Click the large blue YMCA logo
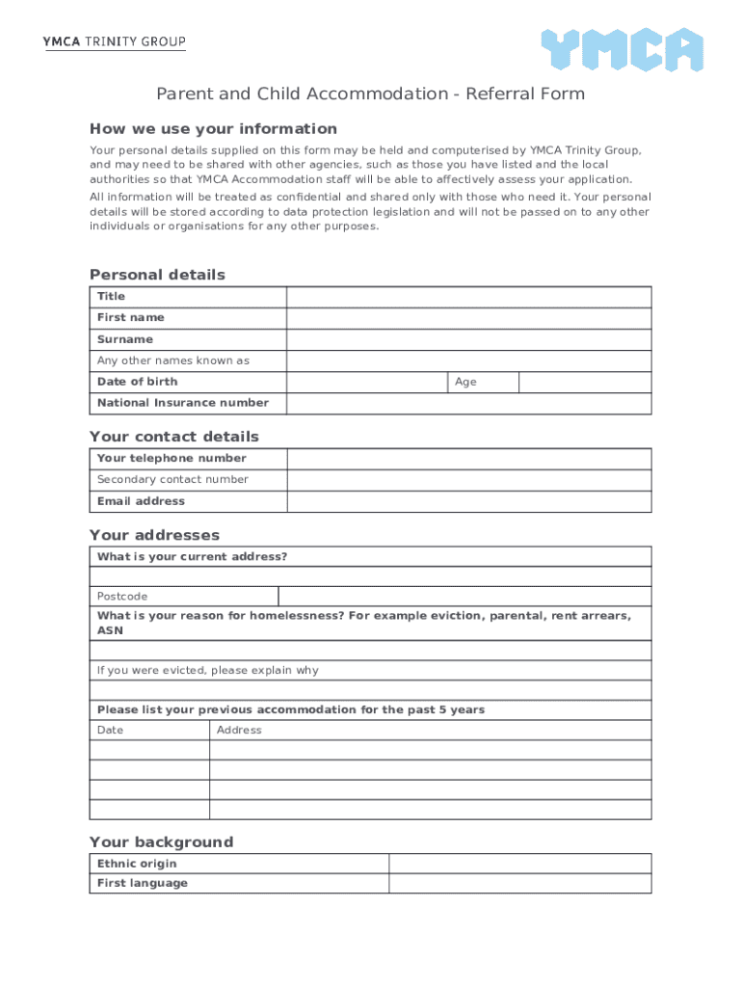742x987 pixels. (621, 50)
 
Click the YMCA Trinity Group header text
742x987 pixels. (114, 42)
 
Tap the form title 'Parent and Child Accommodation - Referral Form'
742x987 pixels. (371, 93)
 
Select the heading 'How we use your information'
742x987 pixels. (213, 129)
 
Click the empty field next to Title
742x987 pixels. (468, 297)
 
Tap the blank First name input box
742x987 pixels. (468, 318)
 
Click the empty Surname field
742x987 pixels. (468, 339)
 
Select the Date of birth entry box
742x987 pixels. (366, 382)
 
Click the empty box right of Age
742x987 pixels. (584, 382)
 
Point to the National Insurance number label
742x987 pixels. (183, 403)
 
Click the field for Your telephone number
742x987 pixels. (468, 459)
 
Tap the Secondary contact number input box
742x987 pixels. (468, 480)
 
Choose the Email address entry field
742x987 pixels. (468, 501)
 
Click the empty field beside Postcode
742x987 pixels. (464, 597)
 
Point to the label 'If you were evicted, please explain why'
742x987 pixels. (207, 671)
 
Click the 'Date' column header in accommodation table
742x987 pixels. (111, 731)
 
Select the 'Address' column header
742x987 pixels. (239, 731)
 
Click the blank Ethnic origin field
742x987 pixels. (519, 864)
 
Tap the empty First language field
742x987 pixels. (519, 884)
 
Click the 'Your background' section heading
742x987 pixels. (161, 842)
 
